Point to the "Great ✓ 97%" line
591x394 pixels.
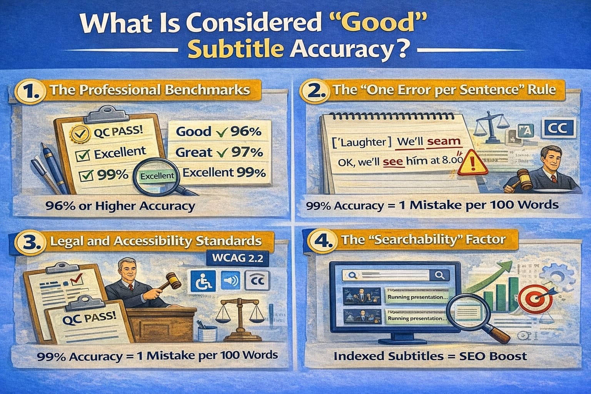219,152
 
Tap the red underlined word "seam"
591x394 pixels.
444,141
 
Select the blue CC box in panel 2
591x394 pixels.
557,129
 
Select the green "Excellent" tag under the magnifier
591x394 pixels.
157,176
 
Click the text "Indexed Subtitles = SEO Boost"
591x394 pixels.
429,356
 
